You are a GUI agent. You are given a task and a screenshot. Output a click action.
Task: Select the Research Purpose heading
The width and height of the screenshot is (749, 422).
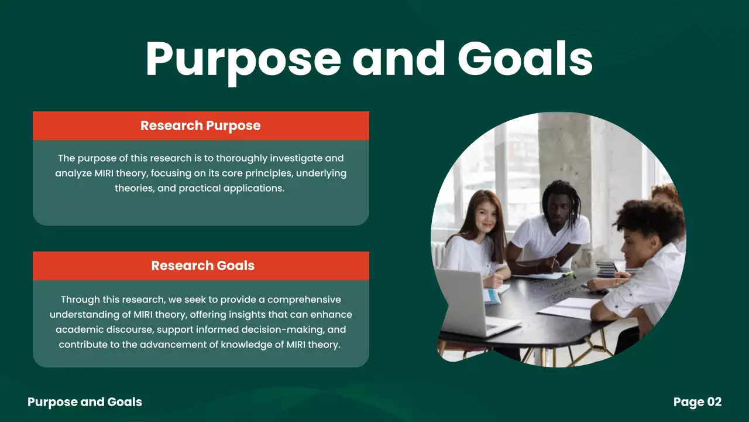(x=200, y=125)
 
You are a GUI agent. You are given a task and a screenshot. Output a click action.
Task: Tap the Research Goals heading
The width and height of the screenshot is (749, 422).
(x=202, y=266)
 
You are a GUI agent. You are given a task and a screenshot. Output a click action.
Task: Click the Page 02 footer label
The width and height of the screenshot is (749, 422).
(x=697, y=402)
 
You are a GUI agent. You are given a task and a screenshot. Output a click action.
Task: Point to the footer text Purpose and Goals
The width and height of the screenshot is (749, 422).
(x=85, y=402)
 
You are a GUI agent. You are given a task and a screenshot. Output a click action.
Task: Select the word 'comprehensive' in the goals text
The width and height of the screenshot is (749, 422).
(x=304, y=300)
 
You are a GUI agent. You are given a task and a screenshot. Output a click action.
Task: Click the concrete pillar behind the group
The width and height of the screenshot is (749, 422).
(x=565, y=152)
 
